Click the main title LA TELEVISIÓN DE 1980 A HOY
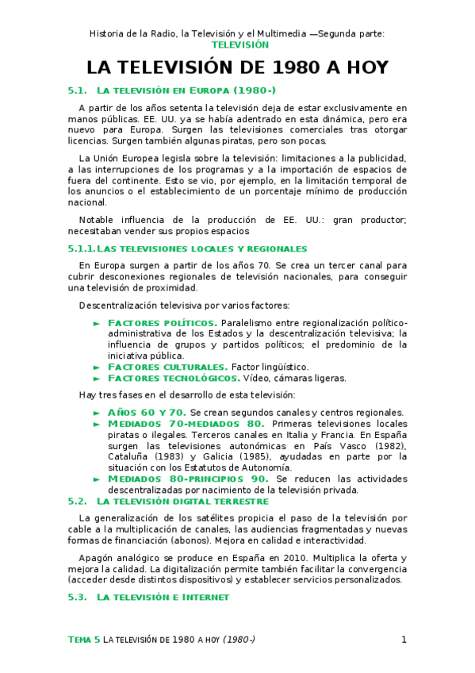pyautogui.click(x=237, y=67)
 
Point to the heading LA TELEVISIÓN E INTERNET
pyautogui.click(x=163, y=597)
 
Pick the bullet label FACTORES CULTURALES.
pyautogui.click(x=167, y=367)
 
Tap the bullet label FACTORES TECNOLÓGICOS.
pyautogui.click(x=174, y=379)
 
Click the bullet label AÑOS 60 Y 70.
pyautogui.click(x=146, y=413)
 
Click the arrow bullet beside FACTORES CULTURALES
pyautogui.click(x=97, y=367)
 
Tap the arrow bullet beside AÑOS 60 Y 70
pyautogui.click(x=97, y=413)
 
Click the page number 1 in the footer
pyautogui.click(x=404, y=640)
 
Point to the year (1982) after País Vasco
pyautogui.click(x=389, y=446)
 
